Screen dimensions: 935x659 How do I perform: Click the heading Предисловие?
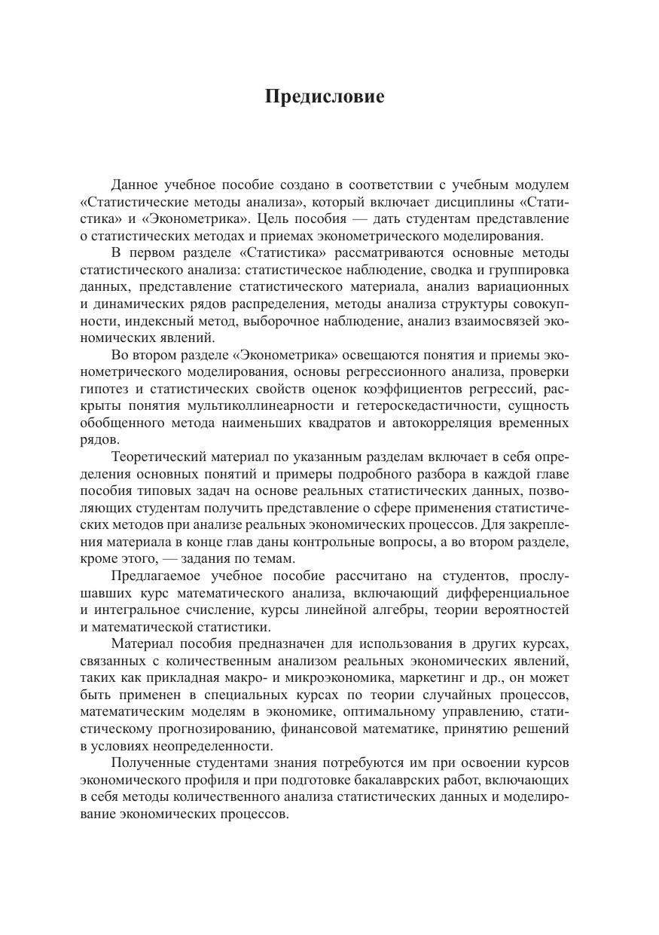click(325, 97)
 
